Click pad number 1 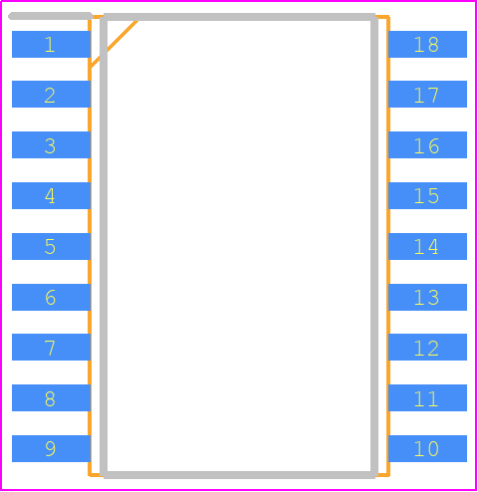pos(51,44)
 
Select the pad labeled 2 pos(51,94)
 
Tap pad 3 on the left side pos(51,144)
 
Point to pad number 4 pos(51,195)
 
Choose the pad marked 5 pos(51,246)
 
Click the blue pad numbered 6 pos(51,297)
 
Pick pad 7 pos(51,347)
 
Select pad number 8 pos(51,397)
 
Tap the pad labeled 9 pos(51,448)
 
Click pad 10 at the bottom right pos(427,448)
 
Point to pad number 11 pos(427,397)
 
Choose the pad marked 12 pos(427,347)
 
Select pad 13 pos(427,297)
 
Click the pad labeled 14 pos(427,246)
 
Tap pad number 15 pos(427,195)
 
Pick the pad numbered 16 pos(427,144)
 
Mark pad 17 pos(427,94)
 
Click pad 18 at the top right pos(427,44)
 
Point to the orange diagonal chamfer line pos(114,44)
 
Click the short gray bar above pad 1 pos(51,16)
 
